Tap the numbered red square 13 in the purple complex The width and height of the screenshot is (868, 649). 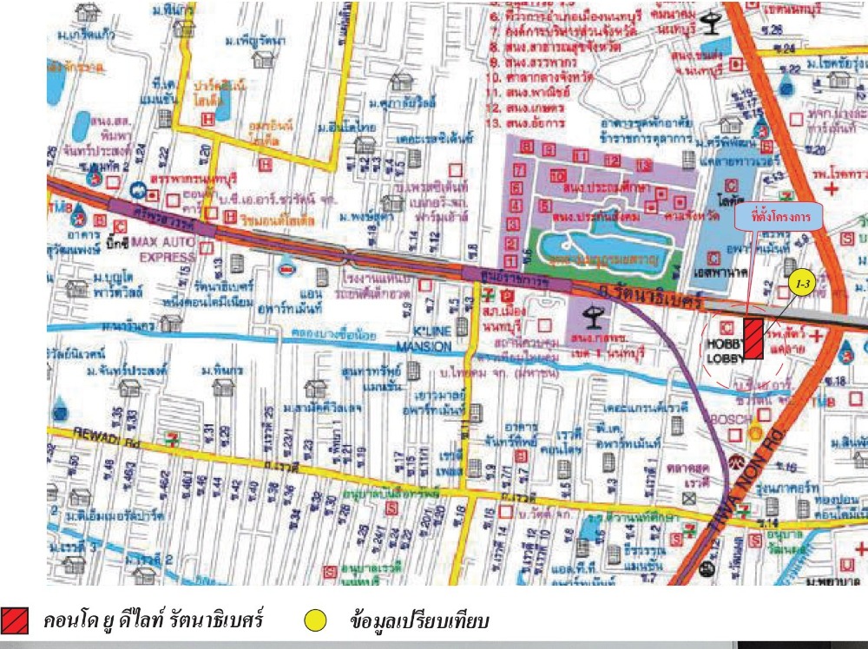(x=643, y=165)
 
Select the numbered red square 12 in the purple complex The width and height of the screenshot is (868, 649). (x=613, y=161)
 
